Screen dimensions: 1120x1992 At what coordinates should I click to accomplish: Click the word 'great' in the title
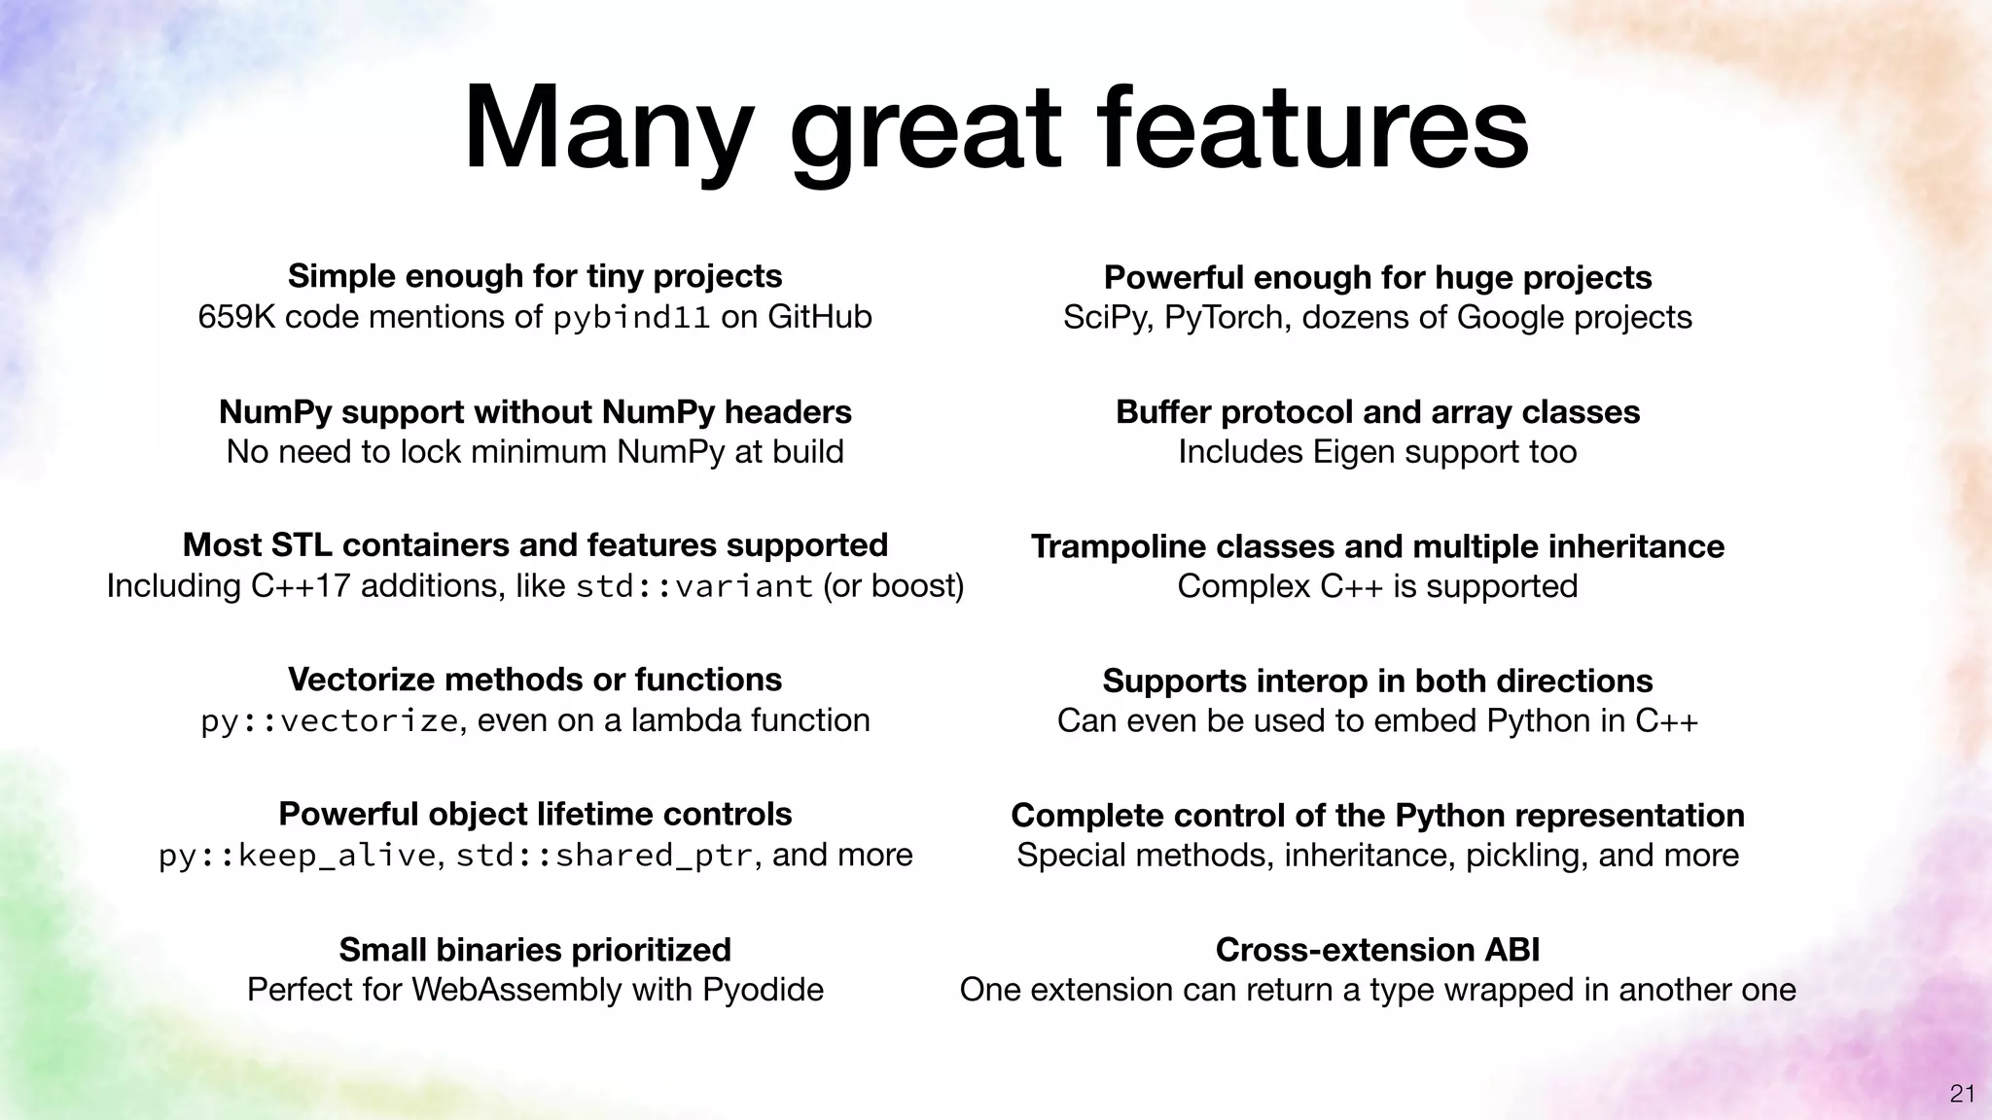coord(924,131)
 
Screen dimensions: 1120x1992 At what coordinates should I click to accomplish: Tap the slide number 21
coord(1962,1094)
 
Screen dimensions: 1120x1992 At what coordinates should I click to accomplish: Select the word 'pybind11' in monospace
coord(631,318)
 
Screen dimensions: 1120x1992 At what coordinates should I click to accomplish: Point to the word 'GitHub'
coord(819,317)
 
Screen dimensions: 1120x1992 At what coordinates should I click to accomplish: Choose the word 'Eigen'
coord(1354,452)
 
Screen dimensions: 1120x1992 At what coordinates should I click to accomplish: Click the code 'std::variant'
coord(694,587)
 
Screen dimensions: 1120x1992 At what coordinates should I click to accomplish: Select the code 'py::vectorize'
coord(329,721)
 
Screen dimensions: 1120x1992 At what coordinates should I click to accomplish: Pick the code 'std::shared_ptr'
coord(604,856)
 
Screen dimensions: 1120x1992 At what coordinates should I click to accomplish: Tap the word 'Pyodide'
coord(763,990)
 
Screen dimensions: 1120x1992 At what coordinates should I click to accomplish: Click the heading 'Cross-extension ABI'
coord(1377,949)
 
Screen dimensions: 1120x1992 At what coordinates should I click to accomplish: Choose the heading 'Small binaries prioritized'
coord(535,949)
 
